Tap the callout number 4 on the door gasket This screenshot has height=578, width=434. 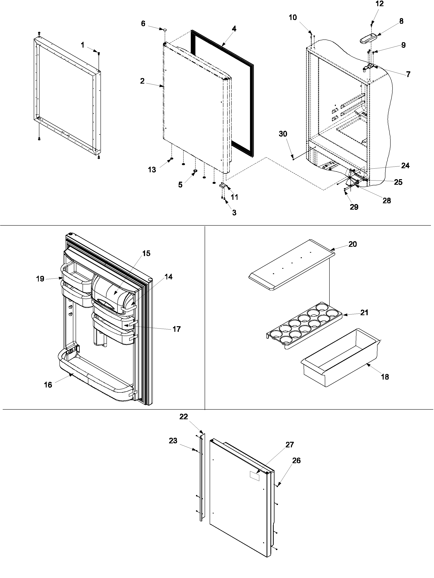[x=234, y=29]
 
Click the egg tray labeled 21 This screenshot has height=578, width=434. [x=303, y=326]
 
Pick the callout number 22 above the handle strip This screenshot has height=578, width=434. [x=183, y=417]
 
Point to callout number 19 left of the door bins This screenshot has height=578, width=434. [x=40, y=279]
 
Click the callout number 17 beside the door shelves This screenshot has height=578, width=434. [x=176, y=329]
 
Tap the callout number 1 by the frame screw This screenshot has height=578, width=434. [x=82, y=45]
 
